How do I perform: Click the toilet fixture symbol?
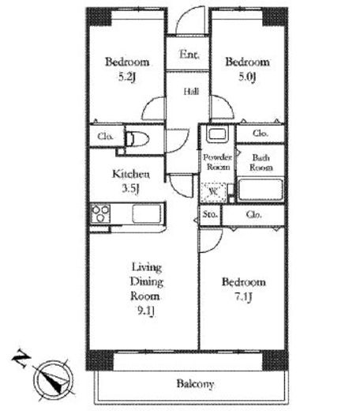pyautogui.click(x=137, y=139)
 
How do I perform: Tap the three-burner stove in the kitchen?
pyautogui.click(x=100, y=213)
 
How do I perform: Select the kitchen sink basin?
pyautogui.click(x=147, y=213)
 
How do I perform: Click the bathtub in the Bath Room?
pyautogui.click(x=261, y=190)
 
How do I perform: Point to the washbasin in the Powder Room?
pyautogui.click(x=217, y=134)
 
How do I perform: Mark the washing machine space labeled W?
pyautogui.click(x=213, y=192)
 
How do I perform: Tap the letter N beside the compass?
pyautogui.click(x=21, y=358)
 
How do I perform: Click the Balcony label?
pyautogui.click(x=195, y=384)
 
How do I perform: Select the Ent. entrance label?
pyautogui.click(x=189, y=55)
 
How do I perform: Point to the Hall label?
pyautogui.click(x=191, y=92)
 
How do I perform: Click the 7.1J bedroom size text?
pyautogui.click(x=243, y=297)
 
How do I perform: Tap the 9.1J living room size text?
pyautogui.click(x=145, y=311)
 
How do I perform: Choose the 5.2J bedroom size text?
pyautogui.click(x=127, y=77)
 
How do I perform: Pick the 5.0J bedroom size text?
pyautogui.click(x=247, y=77)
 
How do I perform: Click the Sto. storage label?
pyautogui.click(x=210, y=214)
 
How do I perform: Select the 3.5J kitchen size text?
pyautogui.click(x=130, y=189)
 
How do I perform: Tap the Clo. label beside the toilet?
pyautogui.click(x=105, y=136)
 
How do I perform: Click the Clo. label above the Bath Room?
pyautogui.click(x=261, y=134)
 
